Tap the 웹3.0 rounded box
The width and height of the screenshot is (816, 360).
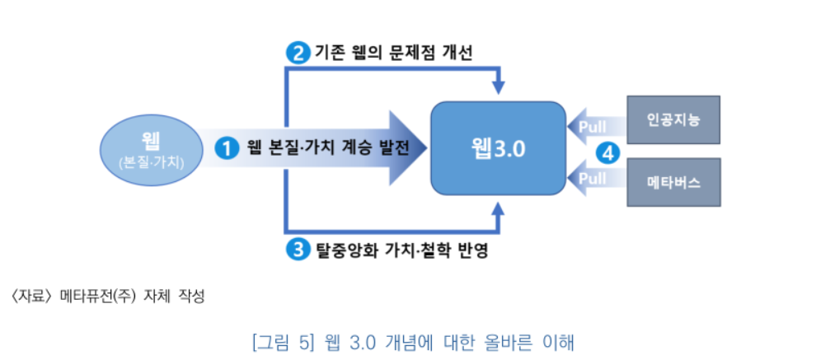click(498, 148)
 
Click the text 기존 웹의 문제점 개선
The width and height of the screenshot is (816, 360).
click(394, 53)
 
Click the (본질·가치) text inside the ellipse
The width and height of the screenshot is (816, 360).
click(150, 162)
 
